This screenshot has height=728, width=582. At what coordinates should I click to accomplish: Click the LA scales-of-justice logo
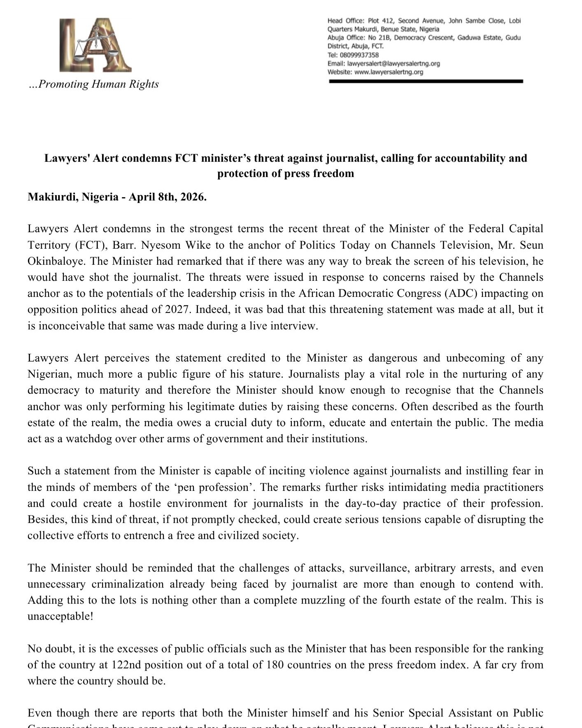pos(95,45)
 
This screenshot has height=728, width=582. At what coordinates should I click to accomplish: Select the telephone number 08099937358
pos(359,55)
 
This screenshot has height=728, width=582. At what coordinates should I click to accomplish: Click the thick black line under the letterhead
pos(426,82)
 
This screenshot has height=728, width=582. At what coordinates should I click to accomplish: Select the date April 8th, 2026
pos(168,197)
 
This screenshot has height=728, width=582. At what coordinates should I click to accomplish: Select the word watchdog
pos(89,439)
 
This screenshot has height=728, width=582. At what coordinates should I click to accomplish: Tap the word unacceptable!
pos(61,616)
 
